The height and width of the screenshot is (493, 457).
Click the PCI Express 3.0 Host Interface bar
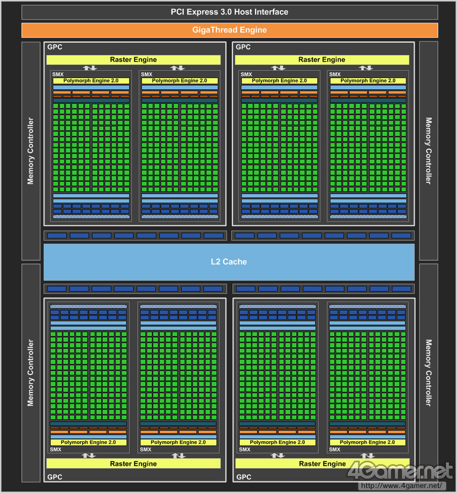tap(229, 12)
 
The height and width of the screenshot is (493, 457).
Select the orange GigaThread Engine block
tap(229, 30)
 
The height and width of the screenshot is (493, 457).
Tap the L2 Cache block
tap(228, 262)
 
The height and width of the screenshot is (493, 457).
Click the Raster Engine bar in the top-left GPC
tap(133, 60)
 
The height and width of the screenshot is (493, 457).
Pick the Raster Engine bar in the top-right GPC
tap(322, 60)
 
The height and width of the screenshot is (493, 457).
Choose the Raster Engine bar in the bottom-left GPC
tap(133, 463)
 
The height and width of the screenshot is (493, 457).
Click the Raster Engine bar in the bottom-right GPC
tap(322, 463)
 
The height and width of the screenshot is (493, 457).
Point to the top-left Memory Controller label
tap(31, 151)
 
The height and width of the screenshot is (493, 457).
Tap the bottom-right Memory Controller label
tap(428, 373)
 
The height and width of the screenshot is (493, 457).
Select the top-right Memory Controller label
tap(428, 151)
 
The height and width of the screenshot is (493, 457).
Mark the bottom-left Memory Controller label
tap(31, 373)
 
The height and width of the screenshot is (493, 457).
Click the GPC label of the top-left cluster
tap(55, 47)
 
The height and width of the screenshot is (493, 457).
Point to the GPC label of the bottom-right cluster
tap(243, 477)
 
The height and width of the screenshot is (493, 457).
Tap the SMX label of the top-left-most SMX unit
tap(57, 74)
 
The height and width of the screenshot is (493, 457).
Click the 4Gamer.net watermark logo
tap(400, 472)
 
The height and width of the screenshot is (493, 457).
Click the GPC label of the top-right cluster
tap(243, 47)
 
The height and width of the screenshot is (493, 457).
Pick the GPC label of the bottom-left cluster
tap(55, 477)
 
